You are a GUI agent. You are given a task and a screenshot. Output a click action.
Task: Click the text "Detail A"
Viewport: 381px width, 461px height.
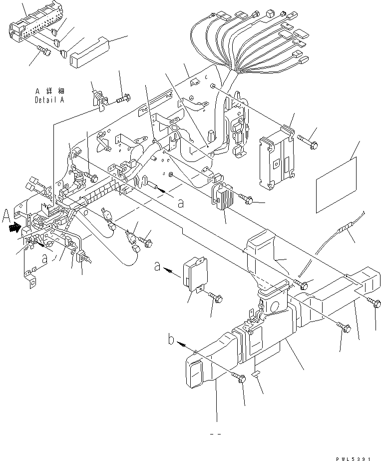click(x=50, y=100)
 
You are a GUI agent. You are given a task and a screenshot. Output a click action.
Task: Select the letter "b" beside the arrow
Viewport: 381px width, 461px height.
click(x=171, y=342)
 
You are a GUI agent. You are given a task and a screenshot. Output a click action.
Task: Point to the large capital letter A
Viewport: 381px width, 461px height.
click(x=6, y=216)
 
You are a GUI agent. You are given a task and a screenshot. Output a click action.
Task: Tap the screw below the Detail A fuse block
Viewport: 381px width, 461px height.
click(x=44, y=51)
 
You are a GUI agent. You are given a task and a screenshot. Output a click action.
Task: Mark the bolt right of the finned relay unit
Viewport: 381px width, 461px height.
click(x=247, y=200)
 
